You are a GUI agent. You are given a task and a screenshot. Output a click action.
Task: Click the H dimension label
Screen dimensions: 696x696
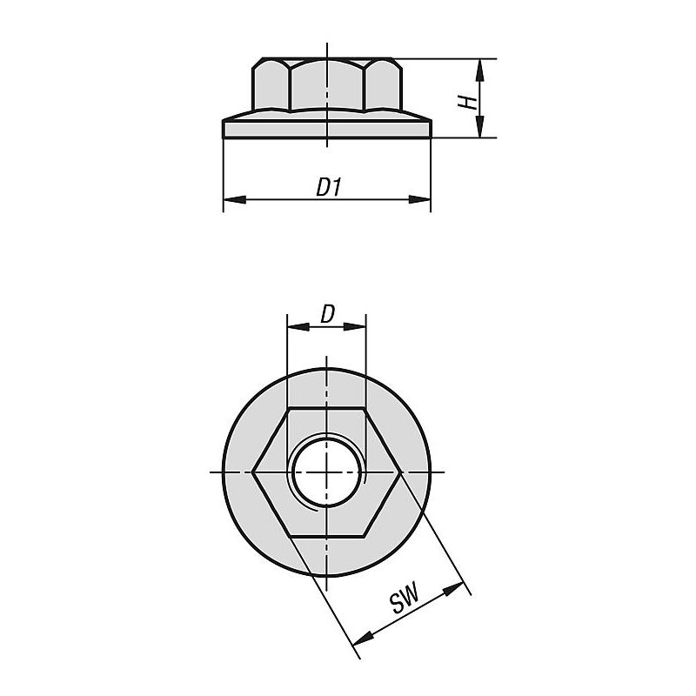[468, 102]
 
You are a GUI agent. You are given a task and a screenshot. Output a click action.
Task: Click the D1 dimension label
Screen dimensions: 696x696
[329, 187]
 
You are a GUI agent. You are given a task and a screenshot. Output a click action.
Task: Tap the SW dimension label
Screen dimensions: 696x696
[405, 599]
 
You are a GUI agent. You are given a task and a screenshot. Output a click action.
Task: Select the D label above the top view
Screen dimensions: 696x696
[327, 314]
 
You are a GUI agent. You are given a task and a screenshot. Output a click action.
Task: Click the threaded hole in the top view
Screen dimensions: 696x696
[327, 472]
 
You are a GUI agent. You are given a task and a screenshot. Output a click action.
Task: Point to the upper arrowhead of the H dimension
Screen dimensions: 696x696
[479, 70]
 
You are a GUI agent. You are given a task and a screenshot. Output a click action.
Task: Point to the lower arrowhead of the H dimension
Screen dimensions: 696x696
[479, 126]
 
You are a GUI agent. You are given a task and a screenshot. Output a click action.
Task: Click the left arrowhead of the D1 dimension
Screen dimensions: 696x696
[234, 200]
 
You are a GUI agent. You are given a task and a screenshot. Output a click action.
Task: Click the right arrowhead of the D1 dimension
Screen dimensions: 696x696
[419, 200]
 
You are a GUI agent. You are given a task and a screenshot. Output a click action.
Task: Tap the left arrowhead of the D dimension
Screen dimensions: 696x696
[298, 327]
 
